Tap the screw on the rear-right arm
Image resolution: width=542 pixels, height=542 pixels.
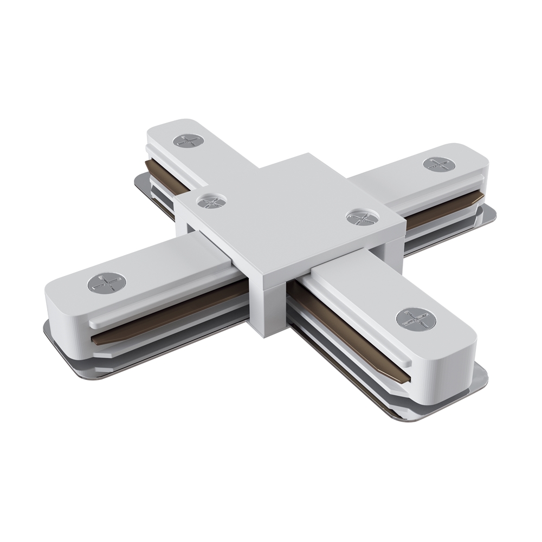tap(438, 164)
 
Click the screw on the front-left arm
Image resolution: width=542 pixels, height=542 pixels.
tap(106, 282)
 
